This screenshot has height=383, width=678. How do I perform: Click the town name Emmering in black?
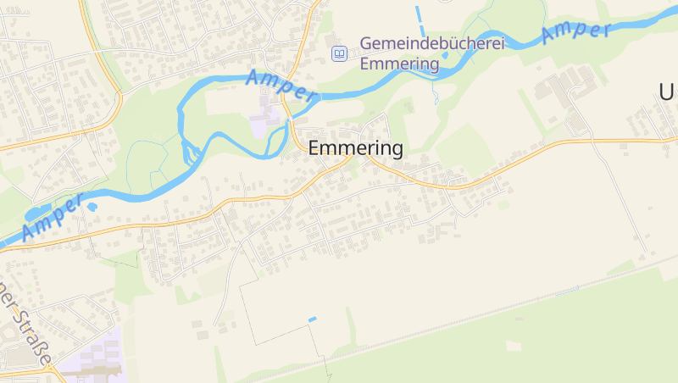[355, 147]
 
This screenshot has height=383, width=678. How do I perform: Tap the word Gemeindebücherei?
[431, 43]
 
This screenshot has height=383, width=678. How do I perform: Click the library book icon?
[339, 53]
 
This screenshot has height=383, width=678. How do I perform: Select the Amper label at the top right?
[576, 33]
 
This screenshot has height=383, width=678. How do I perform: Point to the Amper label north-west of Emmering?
[281, 86]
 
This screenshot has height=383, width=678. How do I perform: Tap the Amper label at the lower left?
[53, 217]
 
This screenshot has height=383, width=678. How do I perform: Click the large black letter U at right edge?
[668, 92]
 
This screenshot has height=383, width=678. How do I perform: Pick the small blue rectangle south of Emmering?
[312, 319]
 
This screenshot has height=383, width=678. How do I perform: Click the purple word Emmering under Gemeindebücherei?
[399, 64]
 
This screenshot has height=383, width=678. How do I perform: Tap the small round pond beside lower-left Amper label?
[92, 206]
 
